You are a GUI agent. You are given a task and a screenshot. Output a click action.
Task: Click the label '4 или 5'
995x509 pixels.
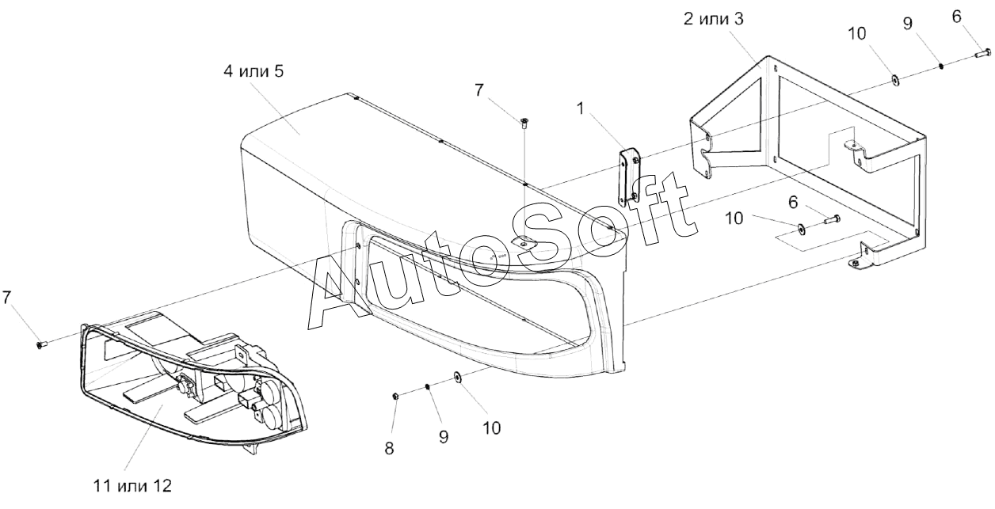click(254, 71)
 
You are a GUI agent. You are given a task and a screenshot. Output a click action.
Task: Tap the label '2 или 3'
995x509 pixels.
click(714, 19)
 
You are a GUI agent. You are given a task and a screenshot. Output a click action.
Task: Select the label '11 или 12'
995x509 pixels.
click(132, 484)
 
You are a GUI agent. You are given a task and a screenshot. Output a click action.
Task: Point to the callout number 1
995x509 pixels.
click(581, 109)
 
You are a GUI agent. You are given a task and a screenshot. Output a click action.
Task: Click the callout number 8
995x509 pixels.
click(389, 448)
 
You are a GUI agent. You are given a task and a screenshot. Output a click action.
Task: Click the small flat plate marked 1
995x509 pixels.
click(630, 175)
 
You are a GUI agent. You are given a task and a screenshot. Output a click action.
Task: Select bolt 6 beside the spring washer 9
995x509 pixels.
click(982, 54)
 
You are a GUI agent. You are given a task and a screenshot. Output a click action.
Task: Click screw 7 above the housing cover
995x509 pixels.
click(524, 121)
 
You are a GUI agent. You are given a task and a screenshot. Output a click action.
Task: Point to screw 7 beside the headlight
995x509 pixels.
click(42, 344)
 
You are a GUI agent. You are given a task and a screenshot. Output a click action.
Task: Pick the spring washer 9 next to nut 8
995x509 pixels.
click(428, 386)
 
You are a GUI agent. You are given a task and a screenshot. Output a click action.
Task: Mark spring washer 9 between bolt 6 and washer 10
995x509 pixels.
click(941, 66)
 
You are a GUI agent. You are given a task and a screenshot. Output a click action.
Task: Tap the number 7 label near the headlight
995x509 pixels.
click(7, 298)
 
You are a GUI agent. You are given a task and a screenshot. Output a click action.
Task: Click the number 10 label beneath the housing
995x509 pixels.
click(491, 427)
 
